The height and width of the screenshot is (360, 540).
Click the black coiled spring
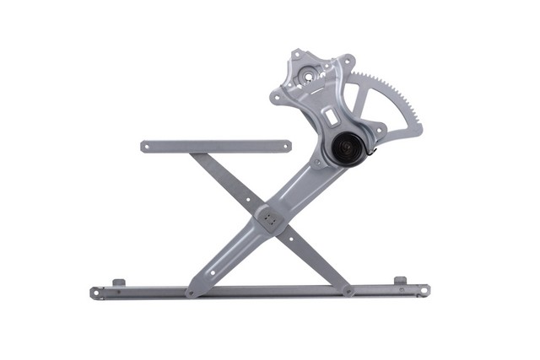pos(346,148)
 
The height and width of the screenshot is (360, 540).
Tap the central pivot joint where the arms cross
pos(269,218)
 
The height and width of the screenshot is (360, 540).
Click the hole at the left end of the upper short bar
pos(146,147)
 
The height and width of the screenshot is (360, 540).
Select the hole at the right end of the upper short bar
pos(285,146)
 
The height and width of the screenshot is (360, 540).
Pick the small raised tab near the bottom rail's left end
pos(119,282)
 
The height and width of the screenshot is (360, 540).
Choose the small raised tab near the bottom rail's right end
pos(400,280)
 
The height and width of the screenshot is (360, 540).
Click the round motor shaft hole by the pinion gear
pos(309,76)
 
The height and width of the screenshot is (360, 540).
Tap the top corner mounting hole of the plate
pos(297,56)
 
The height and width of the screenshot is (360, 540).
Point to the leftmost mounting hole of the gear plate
pos(277,98)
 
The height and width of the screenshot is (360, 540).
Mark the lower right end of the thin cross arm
pos(347,290)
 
